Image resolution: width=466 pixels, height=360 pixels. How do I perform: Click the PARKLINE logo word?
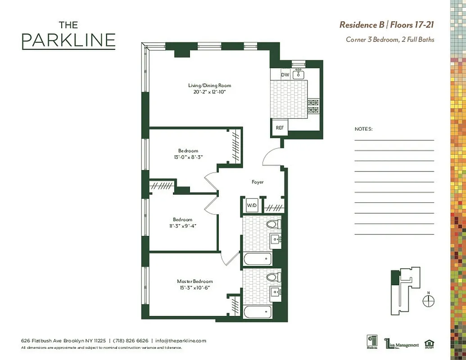(x=68, y=40)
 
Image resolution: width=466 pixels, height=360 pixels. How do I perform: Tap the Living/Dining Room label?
(x=209, y=85)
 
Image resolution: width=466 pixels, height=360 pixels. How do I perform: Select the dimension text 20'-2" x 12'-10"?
(x=209, y=92)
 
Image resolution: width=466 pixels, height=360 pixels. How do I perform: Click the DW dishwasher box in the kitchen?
(x=285, y=75)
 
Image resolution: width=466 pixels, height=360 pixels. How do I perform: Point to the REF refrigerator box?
(x=280, y=128)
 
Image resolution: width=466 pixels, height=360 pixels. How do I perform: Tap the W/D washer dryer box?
(x=251, y=206)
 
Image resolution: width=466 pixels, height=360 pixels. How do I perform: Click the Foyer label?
(x=258, y=182)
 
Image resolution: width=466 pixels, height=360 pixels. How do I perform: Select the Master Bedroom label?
(x=195, y=281)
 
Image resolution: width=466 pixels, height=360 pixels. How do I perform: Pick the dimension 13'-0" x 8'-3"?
(x=188, y=157)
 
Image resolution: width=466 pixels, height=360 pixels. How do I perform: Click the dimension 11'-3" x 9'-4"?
(x=182, y=225)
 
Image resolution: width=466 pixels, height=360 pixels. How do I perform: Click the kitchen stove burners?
(x=313, y=106)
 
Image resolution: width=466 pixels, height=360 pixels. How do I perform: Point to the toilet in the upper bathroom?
(x=273, y=224)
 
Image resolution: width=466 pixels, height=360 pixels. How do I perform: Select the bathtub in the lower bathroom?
(x=257, y=311)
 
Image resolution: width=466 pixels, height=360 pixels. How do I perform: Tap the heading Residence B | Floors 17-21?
(x=386, y=24)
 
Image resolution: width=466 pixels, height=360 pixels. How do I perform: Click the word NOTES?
(x=363, y=129)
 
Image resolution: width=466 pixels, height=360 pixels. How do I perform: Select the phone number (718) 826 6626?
(x=131, y=341)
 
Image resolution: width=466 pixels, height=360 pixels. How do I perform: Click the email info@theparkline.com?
(x=181, y=341)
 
